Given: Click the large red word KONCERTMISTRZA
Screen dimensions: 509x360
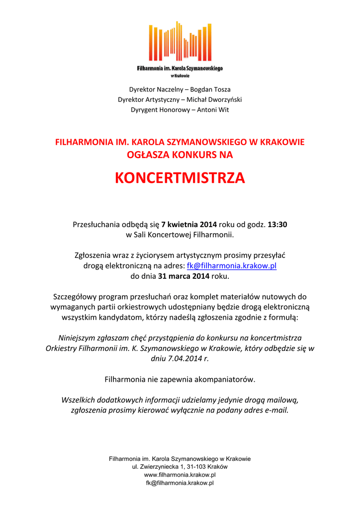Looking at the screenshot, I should tap(180, 178).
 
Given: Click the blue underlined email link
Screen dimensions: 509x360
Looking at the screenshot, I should tap(231, 266).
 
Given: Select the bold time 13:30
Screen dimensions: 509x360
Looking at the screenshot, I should tap(277, 224).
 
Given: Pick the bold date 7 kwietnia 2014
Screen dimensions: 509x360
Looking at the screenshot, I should tap(185, 224).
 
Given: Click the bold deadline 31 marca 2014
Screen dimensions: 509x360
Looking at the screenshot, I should tap(184, 276).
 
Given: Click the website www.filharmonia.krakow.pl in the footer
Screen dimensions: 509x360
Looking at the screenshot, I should tap(180, 475).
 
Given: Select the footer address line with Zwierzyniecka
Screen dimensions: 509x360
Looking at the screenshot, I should tap(180, 467).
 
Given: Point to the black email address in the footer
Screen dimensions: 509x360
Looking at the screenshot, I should tap(180, 483).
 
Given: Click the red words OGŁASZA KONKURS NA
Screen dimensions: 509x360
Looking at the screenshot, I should tap(180, 155).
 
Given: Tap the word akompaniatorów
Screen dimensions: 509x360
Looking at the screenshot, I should tap(224, 380).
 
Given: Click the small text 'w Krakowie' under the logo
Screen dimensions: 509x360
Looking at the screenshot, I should tap(180, 76).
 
